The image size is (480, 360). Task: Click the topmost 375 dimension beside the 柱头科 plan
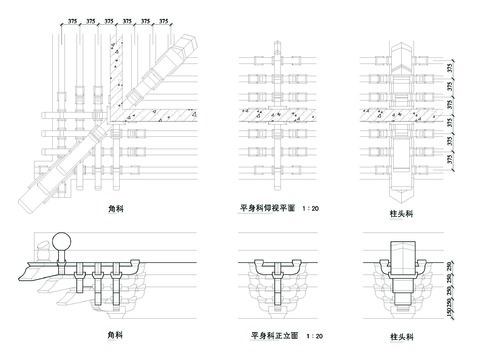450,66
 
